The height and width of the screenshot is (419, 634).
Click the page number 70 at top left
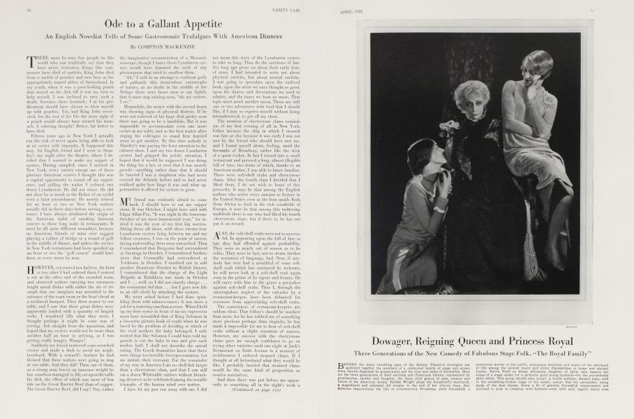coord(27,11)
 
